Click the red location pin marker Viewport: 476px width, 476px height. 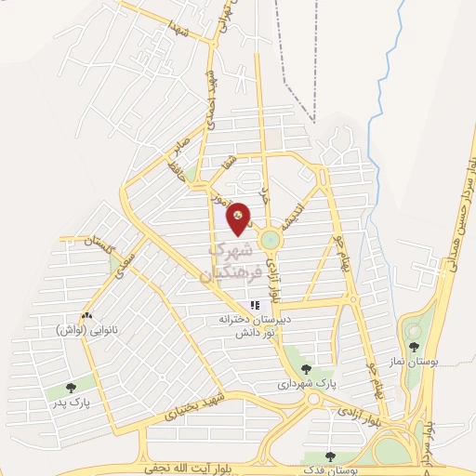[x=240, y=218]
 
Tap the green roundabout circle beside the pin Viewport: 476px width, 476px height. [x=270, y=239]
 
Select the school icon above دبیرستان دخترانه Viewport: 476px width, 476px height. [x=253, y=305]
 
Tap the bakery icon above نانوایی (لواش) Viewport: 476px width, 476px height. [x=86, y=316]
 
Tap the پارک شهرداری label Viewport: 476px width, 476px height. [x=301, y=382]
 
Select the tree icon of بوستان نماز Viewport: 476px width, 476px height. [x=414, y=347]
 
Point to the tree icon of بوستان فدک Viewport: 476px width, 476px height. [x=330, y=456]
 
